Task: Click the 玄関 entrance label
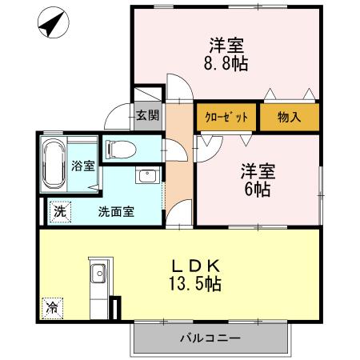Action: [x=146, y=116]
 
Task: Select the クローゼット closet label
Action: [x=226, y=117]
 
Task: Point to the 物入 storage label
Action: [x=288, y=117]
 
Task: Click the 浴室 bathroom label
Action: [x=82, y=166]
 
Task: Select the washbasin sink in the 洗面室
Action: [x=146, y=176]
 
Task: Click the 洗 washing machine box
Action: [x=61, y=212]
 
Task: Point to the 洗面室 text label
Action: [x=116, y=212]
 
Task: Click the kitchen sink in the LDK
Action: [x=98, y=274]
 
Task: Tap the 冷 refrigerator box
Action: [x=52, y=306]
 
